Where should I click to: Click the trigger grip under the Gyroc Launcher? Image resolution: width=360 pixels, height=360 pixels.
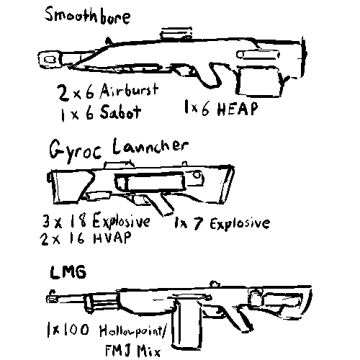[x=166, y=203]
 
